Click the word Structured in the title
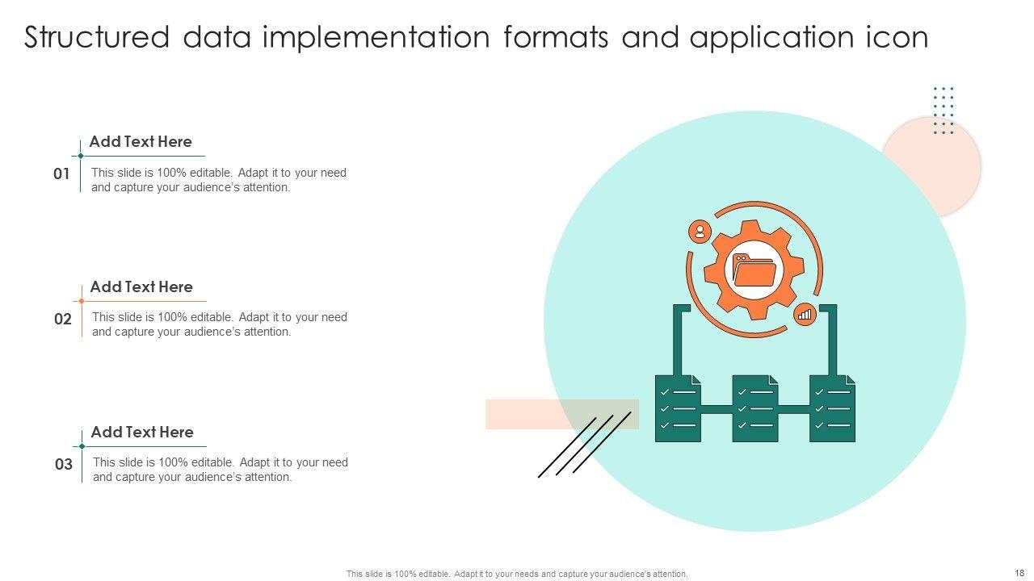(x=97, y=38)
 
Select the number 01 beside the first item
(x=61, y=173)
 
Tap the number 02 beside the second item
(x=63, y=319)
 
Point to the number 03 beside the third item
(x=64, y=464)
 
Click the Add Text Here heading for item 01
(x=141, y=142)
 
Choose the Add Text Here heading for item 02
(x=141, y=287)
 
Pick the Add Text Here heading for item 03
(x=142, y=433)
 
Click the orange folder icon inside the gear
(x=754, y=270)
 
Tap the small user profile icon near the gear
(x=700, y=232)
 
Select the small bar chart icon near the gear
(x=805, y=315)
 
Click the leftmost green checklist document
(x=678, y=408)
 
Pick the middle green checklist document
(x=755, y=408)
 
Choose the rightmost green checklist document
(x=833, y=408)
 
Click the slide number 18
(x=1020, y=573)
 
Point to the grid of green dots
(x=944, y=111)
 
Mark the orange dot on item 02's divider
(x=82, y=301)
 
